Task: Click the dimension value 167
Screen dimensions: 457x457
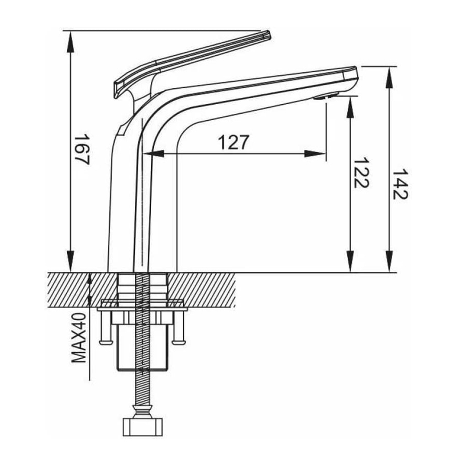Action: [x=82, y=149]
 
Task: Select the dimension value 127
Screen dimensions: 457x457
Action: [x=234, y=142]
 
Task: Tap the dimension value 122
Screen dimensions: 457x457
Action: [x=361, y=173]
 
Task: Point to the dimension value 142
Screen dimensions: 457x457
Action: [x=400, y=184]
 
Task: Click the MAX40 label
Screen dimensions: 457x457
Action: [x=79, y=338]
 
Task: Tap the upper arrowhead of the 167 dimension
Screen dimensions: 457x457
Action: [x=70, y=42]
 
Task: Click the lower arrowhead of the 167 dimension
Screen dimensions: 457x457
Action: [x=70, y=261]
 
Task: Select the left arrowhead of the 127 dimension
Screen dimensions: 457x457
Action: [x=154, y=154]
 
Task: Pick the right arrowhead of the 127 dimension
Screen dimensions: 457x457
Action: [x=315, y=154]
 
